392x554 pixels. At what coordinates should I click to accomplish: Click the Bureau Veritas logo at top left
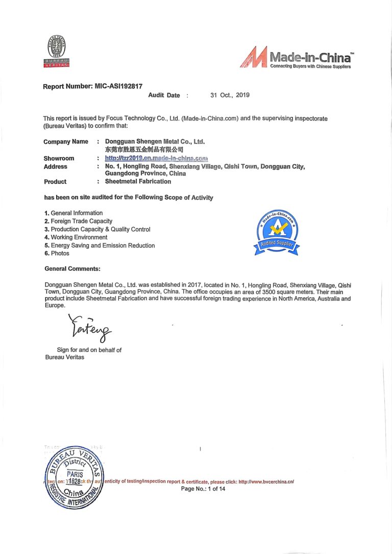(56, 51)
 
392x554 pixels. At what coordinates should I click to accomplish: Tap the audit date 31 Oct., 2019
(230, 95)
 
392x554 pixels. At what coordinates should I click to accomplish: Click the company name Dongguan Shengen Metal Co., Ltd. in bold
(155, 141)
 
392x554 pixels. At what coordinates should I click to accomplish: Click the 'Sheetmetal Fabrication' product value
(138, 181)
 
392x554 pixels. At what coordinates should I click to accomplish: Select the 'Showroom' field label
(59, 158)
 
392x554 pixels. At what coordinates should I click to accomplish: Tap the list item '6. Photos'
(57, 254)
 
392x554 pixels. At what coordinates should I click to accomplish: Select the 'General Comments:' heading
(72, 269)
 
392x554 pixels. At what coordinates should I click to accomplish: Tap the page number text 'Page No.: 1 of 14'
(203, 489)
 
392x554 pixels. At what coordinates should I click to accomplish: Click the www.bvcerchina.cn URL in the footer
(266, 481)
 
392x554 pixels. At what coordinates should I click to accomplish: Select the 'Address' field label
(55, 166)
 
